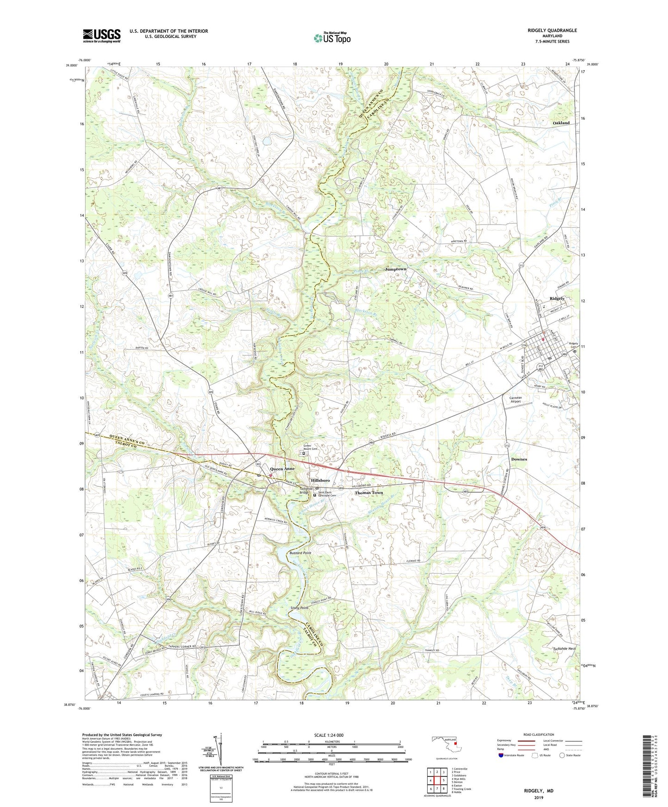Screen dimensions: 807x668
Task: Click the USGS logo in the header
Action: coord(102,36)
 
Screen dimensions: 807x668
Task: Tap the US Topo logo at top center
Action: coord(332,38)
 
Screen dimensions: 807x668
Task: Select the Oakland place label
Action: coord(561,123)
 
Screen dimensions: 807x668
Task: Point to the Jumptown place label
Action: coord(395,269)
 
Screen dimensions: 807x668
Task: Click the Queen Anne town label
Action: coord(282,469)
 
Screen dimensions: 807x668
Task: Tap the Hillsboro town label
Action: coord(320,481)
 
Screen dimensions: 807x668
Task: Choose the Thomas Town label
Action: coord(368,493)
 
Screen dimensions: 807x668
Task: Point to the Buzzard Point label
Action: coord(300,553)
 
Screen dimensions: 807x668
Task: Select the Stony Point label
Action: coord(299,608)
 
